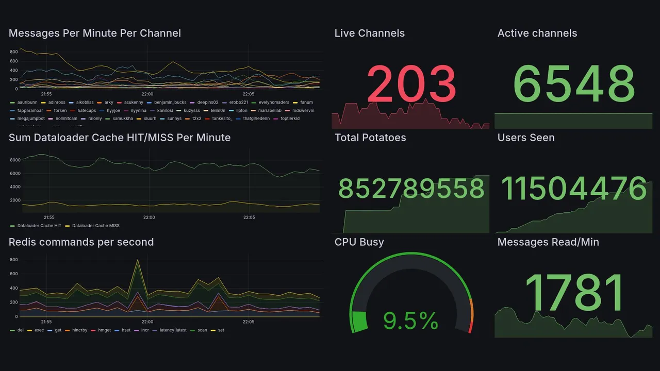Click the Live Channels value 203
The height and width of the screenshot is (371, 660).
point(411,84)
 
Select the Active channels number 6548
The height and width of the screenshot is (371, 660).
point(574,84)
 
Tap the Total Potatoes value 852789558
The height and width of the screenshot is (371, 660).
point(411,189)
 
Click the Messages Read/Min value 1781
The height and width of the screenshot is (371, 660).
point(574,292)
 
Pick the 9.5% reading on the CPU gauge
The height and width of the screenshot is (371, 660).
point(411,322)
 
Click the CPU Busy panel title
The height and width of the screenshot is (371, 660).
point(359,242)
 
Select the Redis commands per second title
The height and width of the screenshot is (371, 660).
point(81,242)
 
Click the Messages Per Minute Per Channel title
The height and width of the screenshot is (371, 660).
point(95,33)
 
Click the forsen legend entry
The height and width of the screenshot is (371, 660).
point(60,111)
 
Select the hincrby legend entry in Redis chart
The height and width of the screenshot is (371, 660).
point(79,330)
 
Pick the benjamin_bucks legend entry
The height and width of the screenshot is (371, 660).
point(170,103)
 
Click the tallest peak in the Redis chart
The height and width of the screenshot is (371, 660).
point(138,261)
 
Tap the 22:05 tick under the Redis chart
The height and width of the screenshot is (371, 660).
point(249,322)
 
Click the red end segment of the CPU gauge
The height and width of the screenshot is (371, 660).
point(470,327)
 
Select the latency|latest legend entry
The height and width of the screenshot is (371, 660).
point(173,330)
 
